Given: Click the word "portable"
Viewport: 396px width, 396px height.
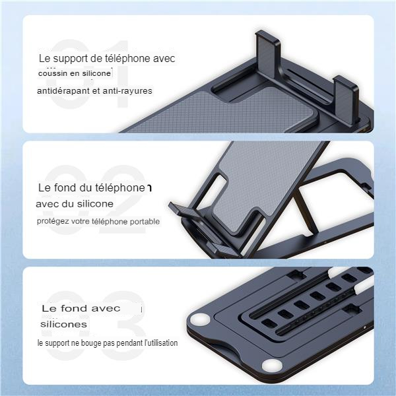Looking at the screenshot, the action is point(145,222).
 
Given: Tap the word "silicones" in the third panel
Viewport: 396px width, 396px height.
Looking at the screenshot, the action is point(63,324).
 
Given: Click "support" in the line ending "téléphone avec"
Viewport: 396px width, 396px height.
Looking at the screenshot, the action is point(70,59).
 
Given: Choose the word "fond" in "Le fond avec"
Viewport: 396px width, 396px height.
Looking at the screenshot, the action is point(75,308).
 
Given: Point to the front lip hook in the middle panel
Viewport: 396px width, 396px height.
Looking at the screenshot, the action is point(182,210).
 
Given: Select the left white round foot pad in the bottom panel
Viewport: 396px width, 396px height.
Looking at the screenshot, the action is point(201,319).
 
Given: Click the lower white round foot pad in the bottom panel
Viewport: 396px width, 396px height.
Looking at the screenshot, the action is point(272,366).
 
